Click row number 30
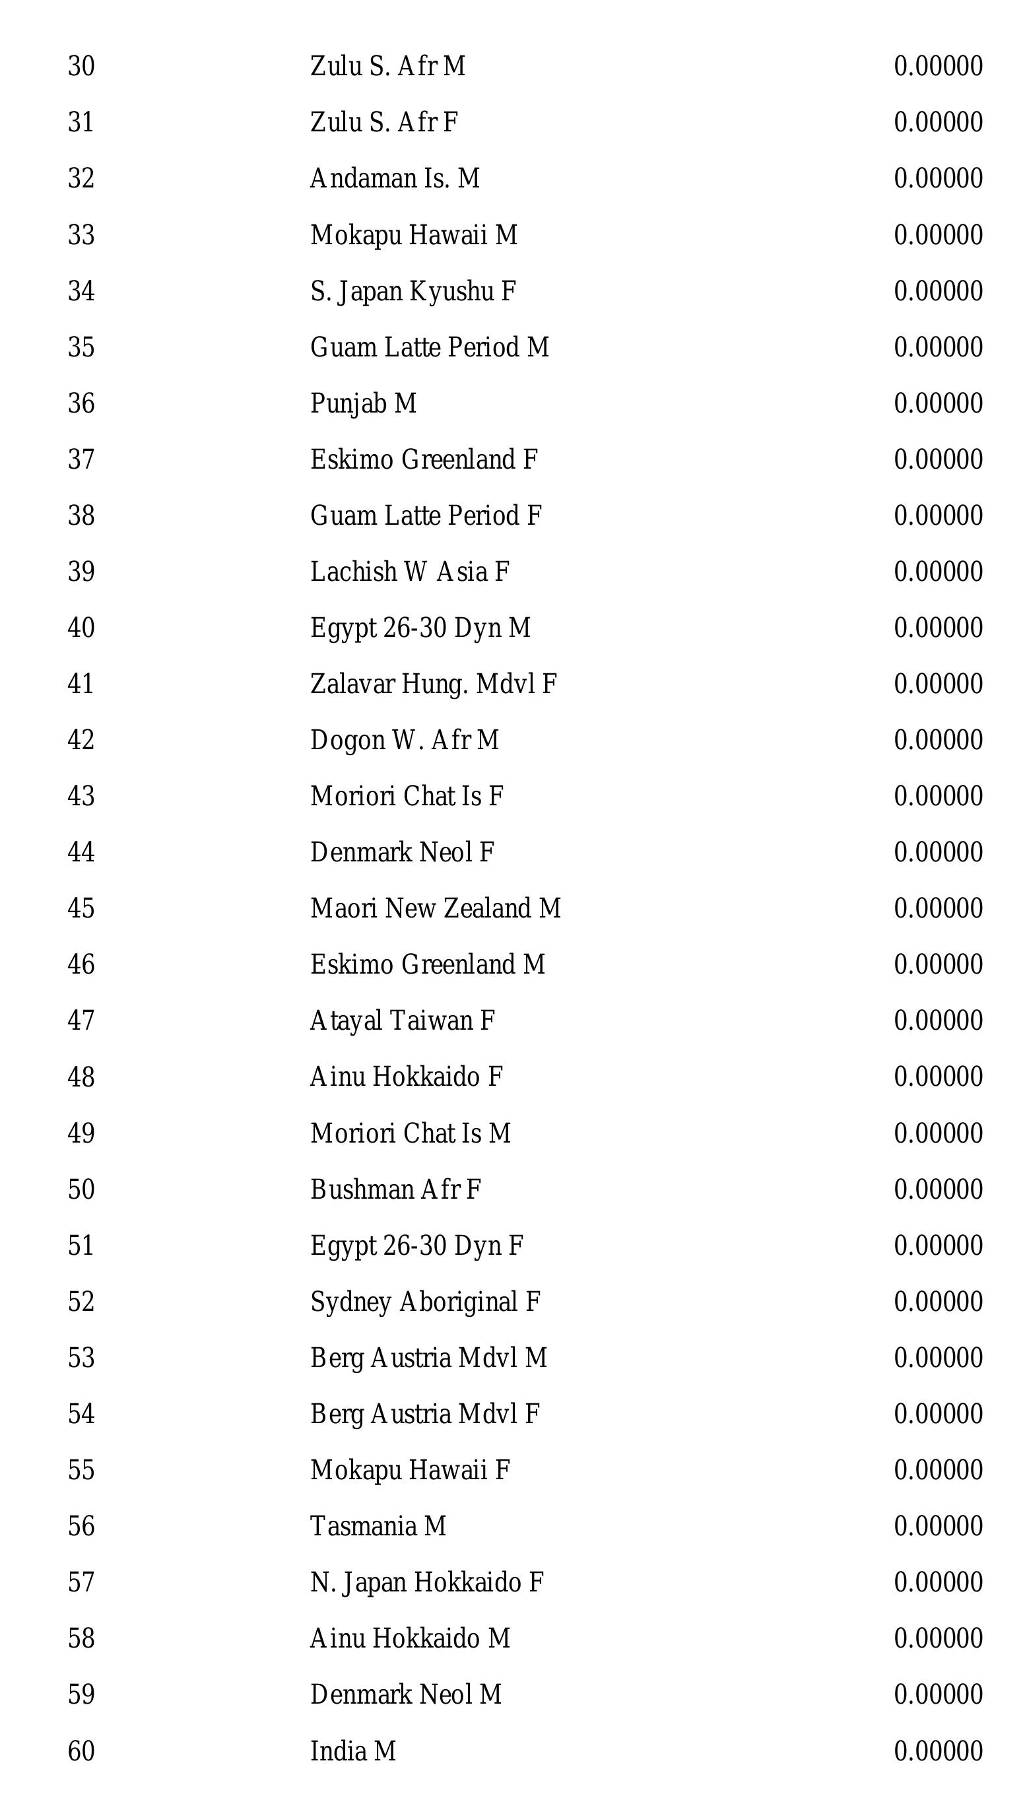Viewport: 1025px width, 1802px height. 81,66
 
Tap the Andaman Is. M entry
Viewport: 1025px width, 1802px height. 395,179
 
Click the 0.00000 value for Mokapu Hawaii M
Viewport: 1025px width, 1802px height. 938,235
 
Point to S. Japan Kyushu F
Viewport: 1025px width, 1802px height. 413,291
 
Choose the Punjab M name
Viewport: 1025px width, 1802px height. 363,403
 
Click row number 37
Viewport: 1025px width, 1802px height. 81,459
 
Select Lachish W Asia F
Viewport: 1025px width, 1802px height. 410,572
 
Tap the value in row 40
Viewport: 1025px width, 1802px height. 938,628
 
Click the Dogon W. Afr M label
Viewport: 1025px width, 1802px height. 405,741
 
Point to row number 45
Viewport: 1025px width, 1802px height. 81,909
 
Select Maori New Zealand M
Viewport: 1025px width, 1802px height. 436,909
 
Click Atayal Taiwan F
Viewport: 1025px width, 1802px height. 403,1020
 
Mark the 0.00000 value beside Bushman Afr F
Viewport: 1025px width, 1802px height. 938,1189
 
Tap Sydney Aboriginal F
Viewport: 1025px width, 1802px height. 425,1302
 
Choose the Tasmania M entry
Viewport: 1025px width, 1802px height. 378,1526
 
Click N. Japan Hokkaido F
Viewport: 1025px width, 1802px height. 426,1582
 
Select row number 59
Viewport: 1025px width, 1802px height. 81,1694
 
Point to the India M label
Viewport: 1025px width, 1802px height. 352,1751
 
